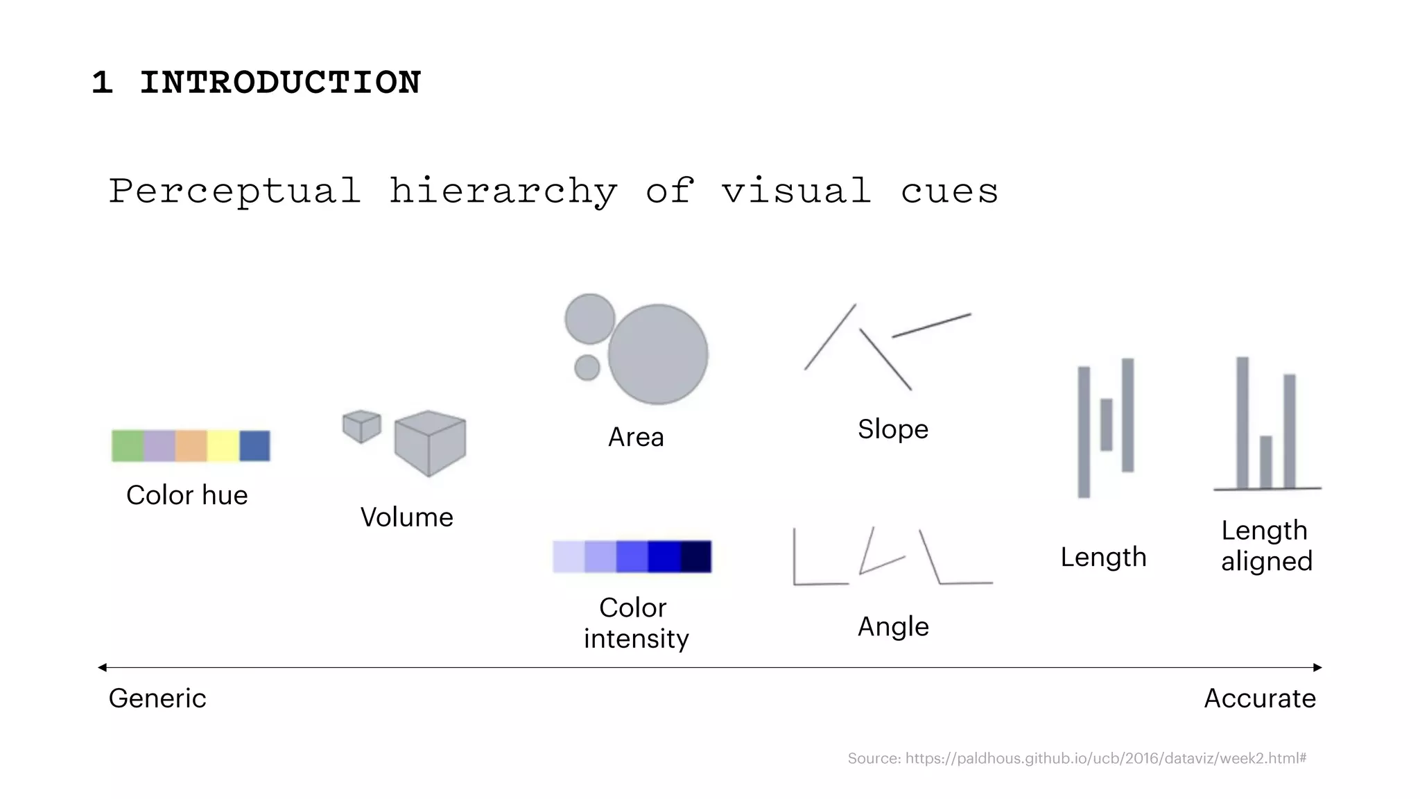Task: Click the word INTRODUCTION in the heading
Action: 280,83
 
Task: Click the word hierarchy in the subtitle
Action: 503,191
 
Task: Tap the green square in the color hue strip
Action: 128,446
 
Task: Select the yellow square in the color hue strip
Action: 223,446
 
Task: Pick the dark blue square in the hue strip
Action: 254,446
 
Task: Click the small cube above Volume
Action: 361,426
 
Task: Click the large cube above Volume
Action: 430,443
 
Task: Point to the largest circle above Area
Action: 658,354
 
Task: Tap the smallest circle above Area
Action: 587,368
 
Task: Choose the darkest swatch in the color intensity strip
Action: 696,557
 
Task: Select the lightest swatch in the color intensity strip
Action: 569,557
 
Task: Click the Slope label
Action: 893,429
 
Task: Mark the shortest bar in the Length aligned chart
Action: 1265,462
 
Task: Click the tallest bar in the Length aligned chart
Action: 1242,422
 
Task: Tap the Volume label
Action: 407,517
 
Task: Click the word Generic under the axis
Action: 157,698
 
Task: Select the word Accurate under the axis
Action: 1260,698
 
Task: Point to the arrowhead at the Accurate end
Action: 1318,667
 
